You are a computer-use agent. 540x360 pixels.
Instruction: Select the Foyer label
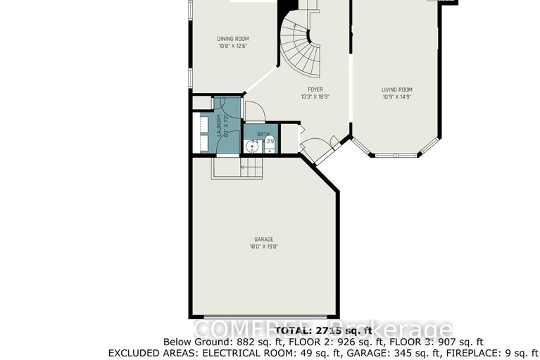(x=315, y=89)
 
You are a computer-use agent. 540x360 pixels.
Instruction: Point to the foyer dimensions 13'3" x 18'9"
(x=315, y=97)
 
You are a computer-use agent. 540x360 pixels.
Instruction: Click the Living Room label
(x=396, y=89)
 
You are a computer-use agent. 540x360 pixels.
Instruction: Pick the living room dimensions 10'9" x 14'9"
(x=396, y=97)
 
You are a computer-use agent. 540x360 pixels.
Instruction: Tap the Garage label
(x=264, y=239)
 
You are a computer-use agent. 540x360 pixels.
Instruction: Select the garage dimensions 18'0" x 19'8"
(x=264, y=247)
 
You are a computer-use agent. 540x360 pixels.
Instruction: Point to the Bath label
(x=263, y=134)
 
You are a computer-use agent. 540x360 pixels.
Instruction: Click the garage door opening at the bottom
(x=264, y=316)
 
